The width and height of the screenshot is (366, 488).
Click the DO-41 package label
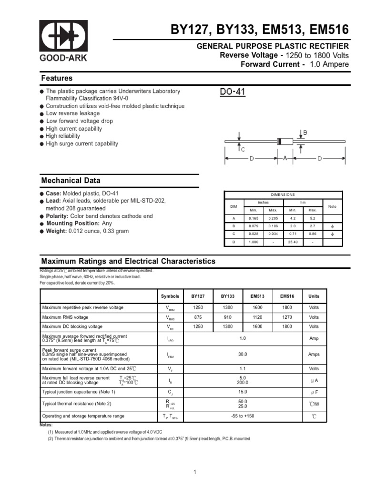(x=233, y=91)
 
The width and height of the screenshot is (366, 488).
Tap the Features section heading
(x=57, y=78)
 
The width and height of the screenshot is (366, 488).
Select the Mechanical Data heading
(x=71, y=181)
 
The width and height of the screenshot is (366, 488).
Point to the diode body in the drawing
(x=285, y=141)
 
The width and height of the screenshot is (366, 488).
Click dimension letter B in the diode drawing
(x=305, y=132)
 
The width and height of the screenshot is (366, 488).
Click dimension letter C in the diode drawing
(x=243, y=149)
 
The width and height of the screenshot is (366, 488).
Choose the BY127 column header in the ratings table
(x=198, y=296)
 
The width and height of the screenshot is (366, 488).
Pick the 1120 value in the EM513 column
(x=257, y=317)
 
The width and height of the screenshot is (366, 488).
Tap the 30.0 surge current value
(x=242, y=355)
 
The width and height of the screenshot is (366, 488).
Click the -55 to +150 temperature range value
(x=242, y=416)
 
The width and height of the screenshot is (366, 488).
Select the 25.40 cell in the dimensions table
(x=293, y=242)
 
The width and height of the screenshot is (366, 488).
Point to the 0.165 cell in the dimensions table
(x=253, y=218)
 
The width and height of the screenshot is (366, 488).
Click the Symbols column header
(x=170, y=296)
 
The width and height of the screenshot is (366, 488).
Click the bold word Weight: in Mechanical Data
(x=57, y=231)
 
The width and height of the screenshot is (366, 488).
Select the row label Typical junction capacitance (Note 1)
(x=79, y=392)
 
